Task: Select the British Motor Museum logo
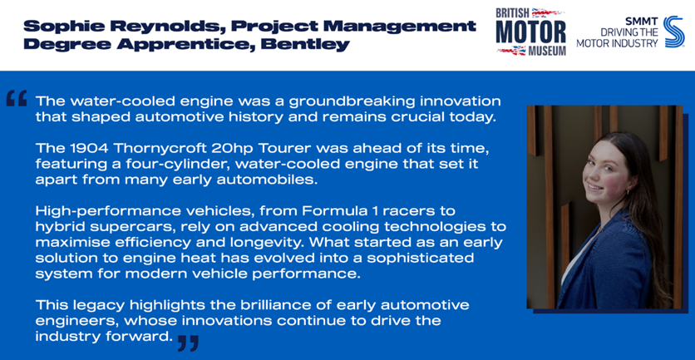click(x=531, y=32)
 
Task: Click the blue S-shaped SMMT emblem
click(x=673, y=32)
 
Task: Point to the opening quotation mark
click(x=17, y=98)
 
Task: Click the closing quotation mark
click(x=188, y=343)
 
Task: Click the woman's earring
click(x=628, y=192)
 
